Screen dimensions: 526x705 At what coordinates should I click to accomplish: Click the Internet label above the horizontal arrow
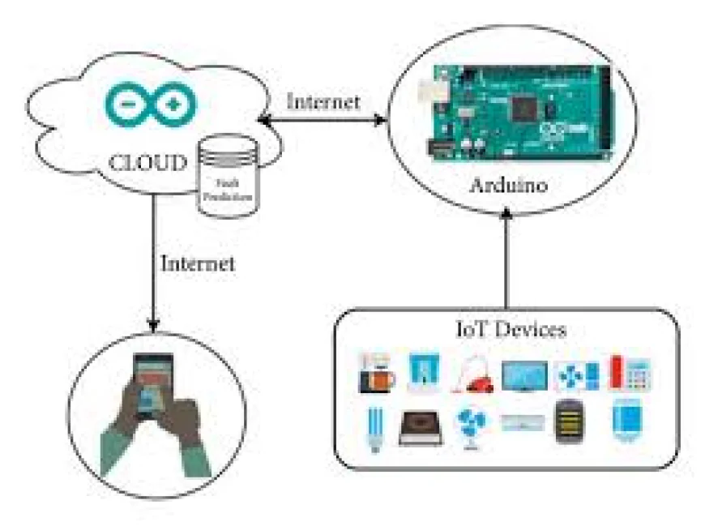tap(323, 101)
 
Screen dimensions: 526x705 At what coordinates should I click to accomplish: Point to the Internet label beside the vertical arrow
tap(198, 263)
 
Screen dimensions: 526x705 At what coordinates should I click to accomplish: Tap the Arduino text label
tap(508, 186)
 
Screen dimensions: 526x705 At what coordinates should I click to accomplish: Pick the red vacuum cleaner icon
tap(472, 375)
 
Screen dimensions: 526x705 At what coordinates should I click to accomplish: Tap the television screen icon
tap(523, 375)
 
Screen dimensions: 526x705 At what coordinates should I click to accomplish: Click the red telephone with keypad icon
tap(630, 373)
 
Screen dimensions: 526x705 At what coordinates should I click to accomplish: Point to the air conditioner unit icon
tap(523, 422)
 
